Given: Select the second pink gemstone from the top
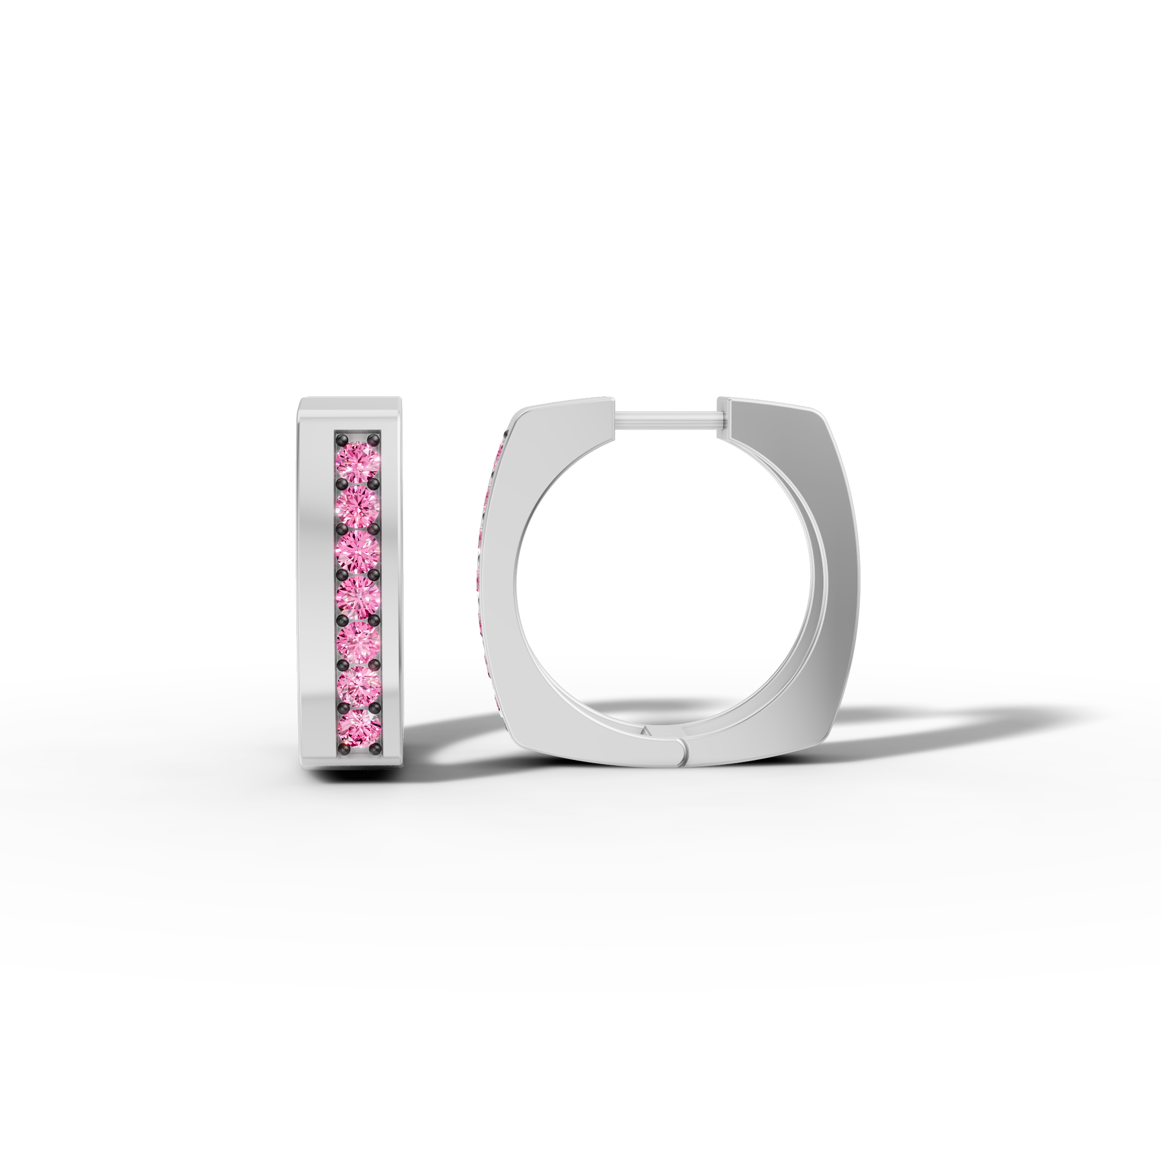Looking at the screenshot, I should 357,505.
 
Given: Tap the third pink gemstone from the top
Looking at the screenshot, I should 357,550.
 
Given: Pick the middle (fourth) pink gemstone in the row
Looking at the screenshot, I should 357,596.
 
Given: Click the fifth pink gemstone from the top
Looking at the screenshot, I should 357,641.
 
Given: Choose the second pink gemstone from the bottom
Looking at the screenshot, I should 357,684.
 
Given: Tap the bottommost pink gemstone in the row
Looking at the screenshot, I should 357,728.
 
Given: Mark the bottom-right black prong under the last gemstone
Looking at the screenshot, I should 375,750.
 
